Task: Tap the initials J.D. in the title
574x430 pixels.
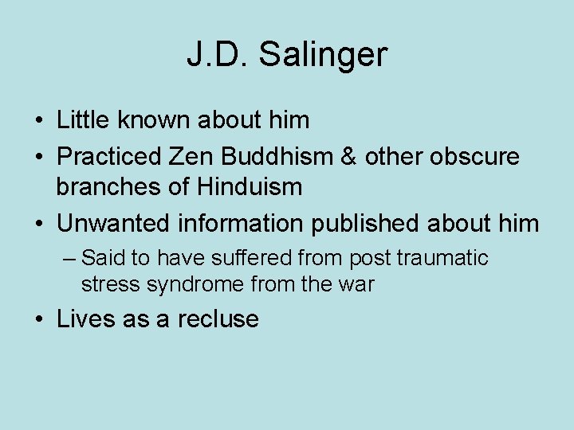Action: pos(220,54)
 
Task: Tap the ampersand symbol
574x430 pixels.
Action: pos(349,156)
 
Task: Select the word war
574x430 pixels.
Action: pos(356,284)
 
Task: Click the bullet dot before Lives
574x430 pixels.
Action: pos(39,319)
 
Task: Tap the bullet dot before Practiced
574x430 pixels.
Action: pos(39,157)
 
